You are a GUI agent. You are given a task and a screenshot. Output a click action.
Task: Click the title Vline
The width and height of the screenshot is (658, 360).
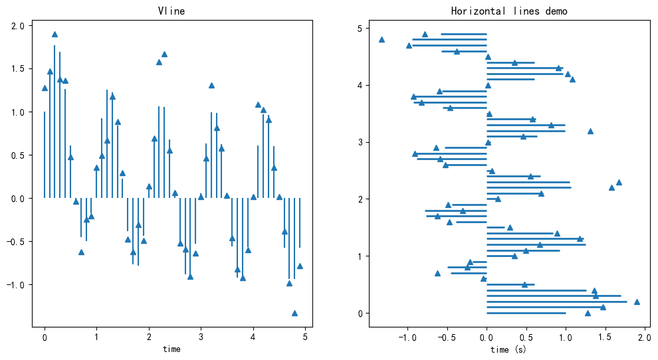(171, 11)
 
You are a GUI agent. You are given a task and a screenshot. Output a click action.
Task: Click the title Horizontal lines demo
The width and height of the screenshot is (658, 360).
(509, 11)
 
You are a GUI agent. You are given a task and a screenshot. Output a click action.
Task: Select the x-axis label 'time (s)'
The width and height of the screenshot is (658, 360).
(508, 349)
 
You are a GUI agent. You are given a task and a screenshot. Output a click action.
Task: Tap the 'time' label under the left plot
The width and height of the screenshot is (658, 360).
(171, 349)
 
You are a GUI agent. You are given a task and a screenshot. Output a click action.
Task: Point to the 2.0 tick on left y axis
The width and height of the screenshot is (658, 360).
(18, 26)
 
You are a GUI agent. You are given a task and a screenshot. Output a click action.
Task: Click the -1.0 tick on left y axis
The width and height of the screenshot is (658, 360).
(15, 285)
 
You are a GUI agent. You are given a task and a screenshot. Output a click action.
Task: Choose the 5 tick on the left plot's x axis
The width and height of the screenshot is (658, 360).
(305, 337)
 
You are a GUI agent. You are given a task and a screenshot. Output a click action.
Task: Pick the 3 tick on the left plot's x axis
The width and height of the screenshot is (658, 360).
(201, 337)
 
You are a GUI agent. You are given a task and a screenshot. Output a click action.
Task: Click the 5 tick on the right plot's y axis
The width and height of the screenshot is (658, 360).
(359, 29)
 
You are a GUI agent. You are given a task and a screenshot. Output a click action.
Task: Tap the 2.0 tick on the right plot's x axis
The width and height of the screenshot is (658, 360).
(644, 337)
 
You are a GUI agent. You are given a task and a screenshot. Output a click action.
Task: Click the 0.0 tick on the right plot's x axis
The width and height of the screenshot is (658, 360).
(487, 337)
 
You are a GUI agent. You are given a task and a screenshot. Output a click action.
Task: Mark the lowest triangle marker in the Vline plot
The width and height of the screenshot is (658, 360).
(294, 313)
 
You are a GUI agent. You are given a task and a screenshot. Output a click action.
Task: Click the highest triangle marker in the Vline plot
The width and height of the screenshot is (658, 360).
(55, 35)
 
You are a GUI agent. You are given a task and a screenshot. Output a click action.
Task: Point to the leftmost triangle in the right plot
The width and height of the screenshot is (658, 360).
(382, 40)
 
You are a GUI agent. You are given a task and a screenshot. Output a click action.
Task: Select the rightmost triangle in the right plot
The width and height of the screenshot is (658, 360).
(637, 302)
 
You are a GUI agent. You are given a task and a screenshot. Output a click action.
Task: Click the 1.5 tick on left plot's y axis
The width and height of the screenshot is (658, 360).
(18, 69)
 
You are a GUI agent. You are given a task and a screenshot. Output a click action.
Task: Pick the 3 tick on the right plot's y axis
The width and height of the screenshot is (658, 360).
(359, 142)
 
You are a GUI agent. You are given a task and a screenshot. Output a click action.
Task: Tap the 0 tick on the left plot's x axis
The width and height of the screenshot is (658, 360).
(45, 337)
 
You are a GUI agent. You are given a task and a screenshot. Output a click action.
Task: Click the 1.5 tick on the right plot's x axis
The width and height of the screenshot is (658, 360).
(605, 337)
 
